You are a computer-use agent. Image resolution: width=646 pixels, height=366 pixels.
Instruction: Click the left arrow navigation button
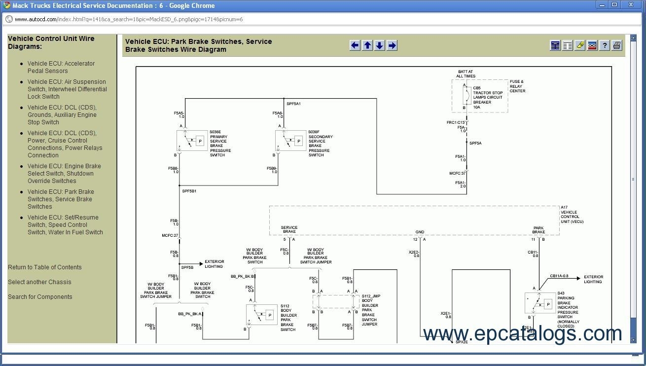click(x=355, y=45)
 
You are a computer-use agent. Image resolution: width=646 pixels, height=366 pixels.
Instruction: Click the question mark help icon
click(x=605, y=45)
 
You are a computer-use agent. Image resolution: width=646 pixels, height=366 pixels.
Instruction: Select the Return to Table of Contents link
click(x=45, y=267)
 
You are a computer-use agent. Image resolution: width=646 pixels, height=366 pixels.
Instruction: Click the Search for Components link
click(x=40, y=297)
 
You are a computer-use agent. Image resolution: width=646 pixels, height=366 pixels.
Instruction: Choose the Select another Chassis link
click(x=39, y=282)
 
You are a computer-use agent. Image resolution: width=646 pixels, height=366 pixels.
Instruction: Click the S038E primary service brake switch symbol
click(x=192, y=141)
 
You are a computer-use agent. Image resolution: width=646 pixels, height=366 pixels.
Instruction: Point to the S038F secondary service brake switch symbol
click(x=290, y=141)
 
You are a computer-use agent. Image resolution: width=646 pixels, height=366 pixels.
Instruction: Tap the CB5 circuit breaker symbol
click(x=465, y=96)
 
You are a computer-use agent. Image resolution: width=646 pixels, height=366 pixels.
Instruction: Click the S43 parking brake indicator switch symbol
click(x=540, y=303)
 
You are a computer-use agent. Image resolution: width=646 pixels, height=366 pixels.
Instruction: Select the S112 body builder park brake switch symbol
click(x=261, y=315)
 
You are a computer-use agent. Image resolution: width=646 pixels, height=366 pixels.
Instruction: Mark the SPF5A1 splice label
click(x=293, y=104)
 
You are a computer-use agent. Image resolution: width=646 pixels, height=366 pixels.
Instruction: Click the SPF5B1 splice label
click(x=189, y=191)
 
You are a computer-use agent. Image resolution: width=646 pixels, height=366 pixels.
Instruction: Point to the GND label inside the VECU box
click(x=420, y=232)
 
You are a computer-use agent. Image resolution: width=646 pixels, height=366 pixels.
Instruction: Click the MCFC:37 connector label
click(x=457, y=173)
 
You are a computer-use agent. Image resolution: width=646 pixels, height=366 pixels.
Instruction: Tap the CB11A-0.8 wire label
click(x=559, y=276)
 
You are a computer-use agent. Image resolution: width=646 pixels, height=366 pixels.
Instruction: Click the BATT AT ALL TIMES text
click(x=466, y=74)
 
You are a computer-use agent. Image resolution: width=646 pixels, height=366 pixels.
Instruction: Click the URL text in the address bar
click(x=129, y=19)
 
